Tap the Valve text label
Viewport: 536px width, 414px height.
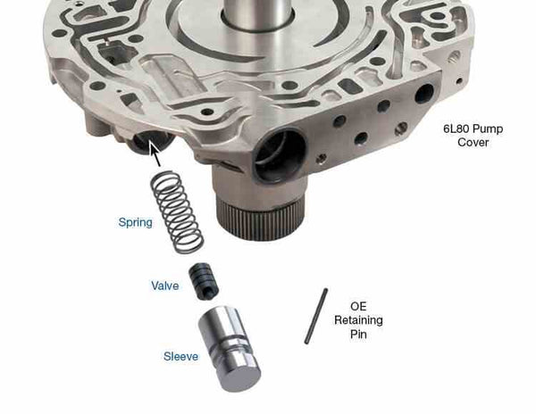pyautogui.click(x=164, y=286)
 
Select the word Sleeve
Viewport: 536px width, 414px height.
pyautogui.click(x=180, y=356)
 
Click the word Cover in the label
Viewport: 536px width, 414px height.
pyautogui.click(x=474, y=144)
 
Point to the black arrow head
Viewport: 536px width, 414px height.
pyautogui.click(x=155, y=153)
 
